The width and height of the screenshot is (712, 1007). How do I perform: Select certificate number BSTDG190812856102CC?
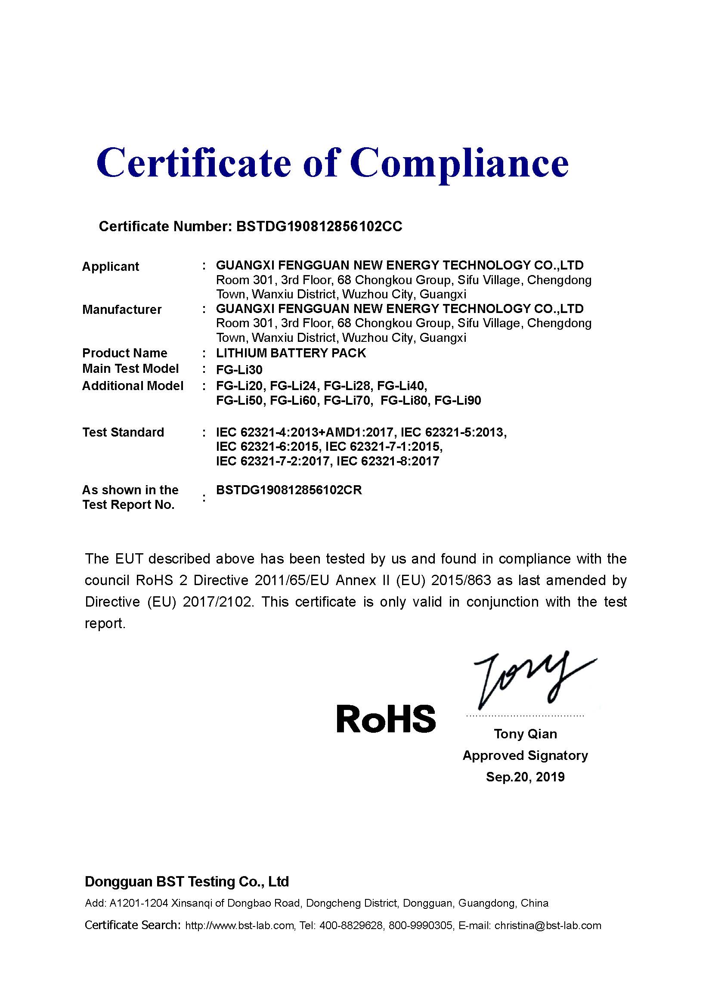point(319,226)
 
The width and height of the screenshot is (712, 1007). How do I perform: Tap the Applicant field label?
point(111,266)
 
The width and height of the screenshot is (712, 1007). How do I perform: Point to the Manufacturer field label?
point(122,310)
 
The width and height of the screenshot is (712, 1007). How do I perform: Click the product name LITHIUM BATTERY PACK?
point(291,353)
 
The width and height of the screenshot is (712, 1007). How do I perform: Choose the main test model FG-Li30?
point(239,369)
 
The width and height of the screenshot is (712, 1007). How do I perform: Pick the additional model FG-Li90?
point(458,400)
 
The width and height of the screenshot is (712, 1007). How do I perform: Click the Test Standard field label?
point(123,432)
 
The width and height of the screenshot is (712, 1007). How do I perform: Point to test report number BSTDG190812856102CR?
point(289,490)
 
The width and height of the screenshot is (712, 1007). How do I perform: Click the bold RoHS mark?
point(386,719)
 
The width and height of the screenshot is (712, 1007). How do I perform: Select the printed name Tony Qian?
point(525,734)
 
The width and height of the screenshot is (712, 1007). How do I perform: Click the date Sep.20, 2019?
point(525,777)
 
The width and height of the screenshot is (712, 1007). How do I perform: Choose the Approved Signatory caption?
point(525,755)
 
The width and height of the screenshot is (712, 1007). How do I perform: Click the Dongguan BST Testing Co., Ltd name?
point(187,882)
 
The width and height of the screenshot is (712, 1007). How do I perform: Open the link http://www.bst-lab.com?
point(239,926)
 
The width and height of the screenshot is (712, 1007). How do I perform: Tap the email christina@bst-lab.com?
point(548,926)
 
